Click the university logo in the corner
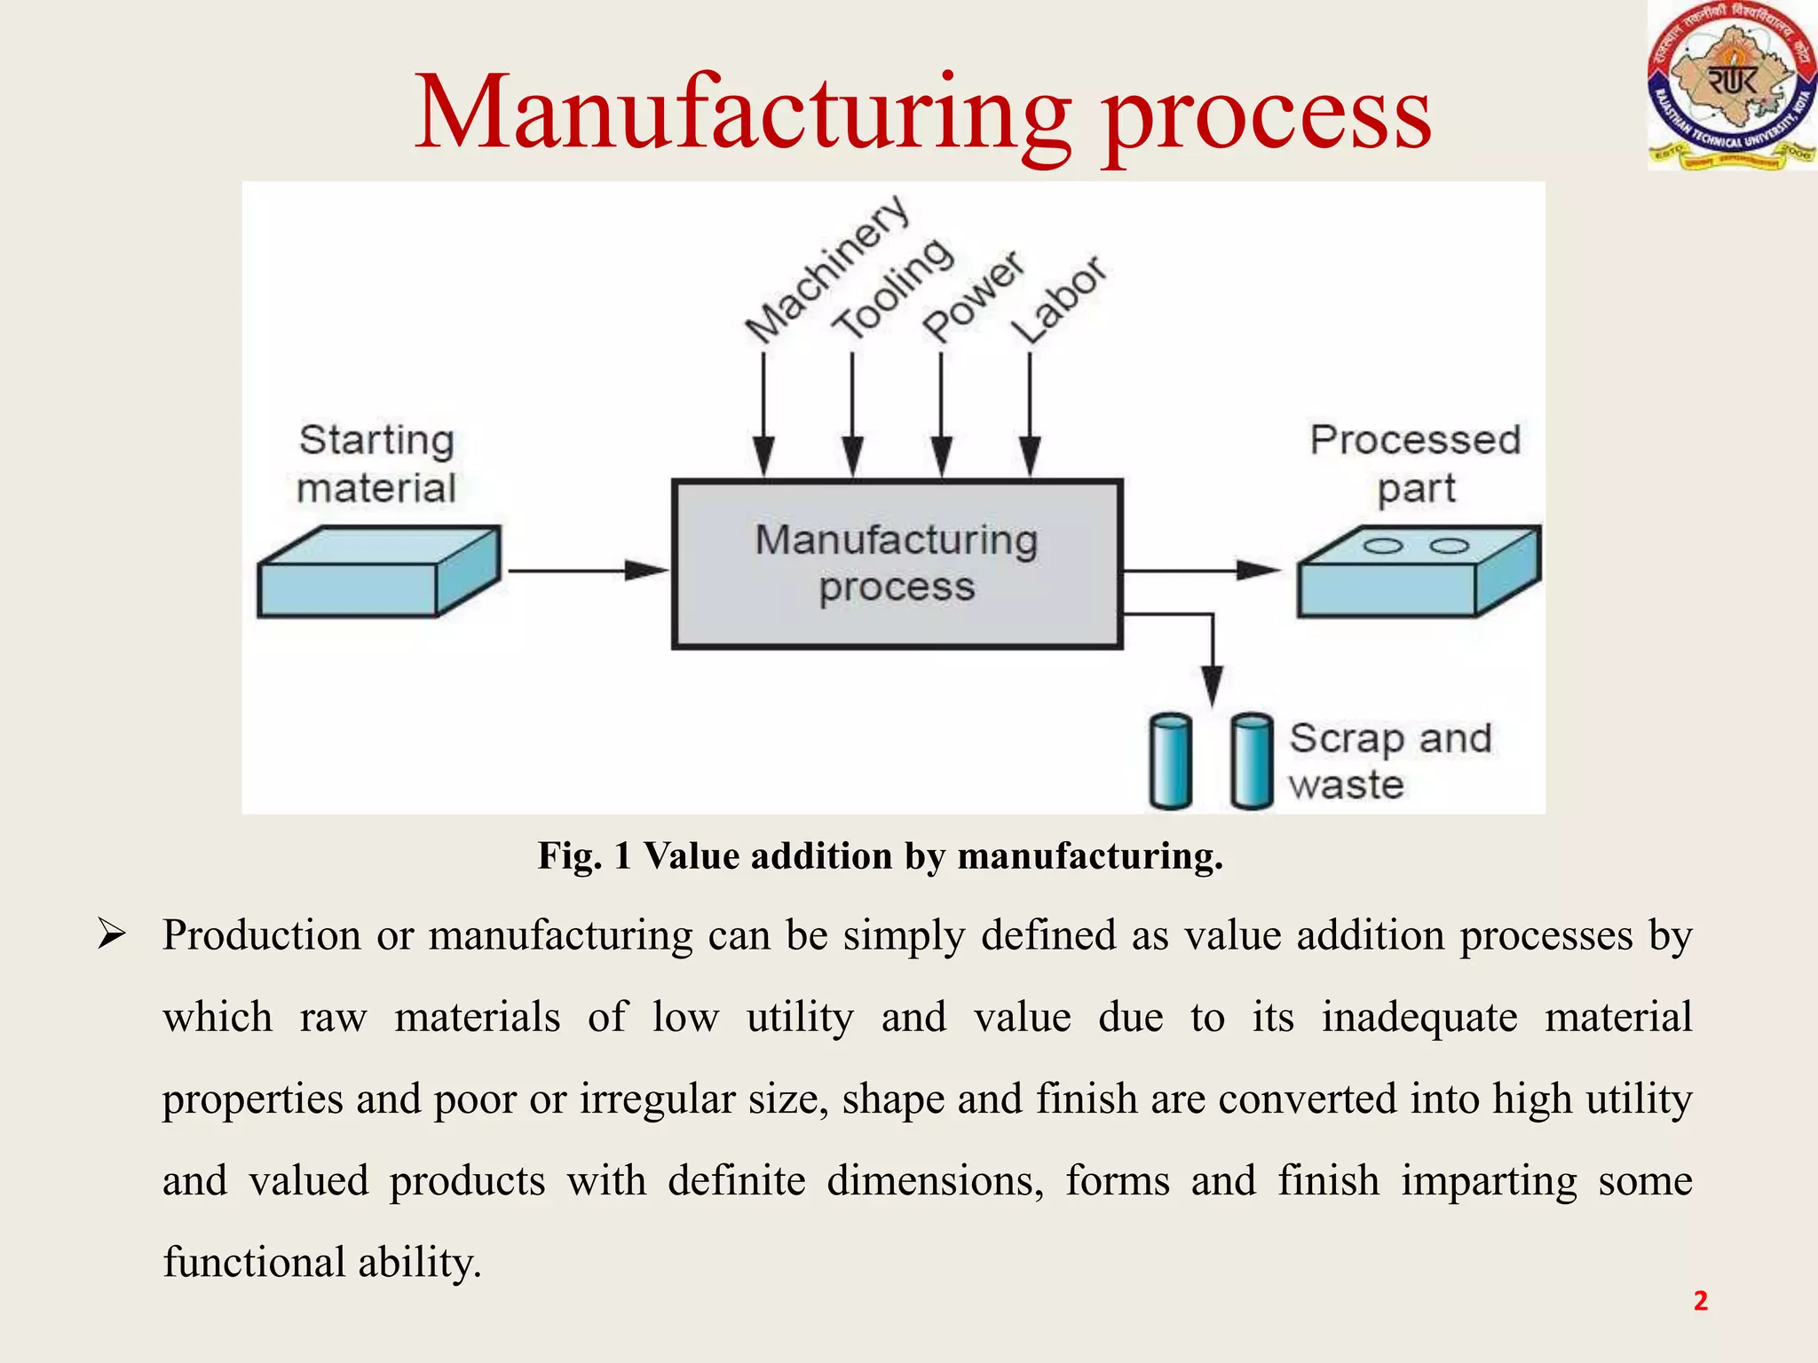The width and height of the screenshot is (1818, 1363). point(1731,85)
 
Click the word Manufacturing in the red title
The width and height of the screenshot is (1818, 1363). point(742,114)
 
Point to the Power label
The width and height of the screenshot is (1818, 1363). point(973,296)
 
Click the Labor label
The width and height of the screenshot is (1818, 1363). point(1060,300)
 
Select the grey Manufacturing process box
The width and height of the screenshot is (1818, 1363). point(897,564)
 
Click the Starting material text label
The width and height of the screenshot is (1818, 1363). point(376,463)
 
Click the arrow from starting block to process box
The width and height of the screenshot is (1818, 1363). point(586,571)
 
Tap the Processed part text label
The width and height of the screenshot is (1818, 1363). point(1415,463)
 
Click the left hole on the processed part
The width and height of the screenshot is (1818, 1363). point(1382,546)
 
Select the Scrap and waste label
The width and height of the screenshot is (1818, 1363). point(1388,761)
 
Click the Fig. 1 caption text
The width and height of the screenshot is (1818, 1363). point(881,856)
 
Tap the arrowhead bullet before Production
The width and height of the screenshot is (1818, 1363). point(112,934)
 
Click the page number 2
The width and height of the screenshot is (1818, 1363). point(1700,1300)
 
